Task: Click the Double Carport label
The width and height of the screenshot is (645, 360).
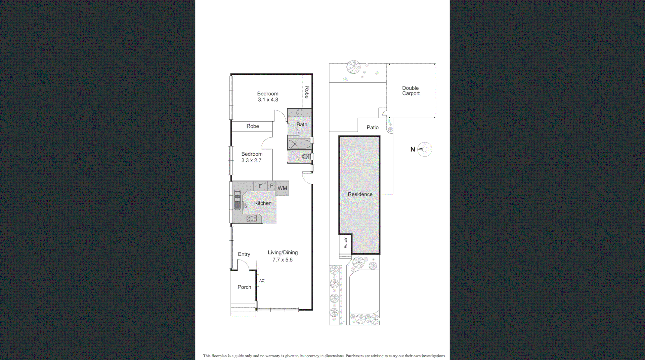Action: (x=411, y=91)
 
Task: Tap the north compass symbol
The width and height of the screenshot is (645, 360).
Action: (x=424, y=149)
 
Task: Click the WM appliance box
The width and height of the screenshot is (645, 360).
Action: (x=282, y=188)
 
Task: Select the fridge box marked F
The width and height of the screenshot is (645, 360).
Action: (x=260, y=186)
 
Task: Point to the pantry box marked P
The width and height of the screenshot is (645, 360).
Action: (x=271, y=186)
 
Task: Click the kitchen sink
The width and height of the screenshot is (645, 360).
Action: (x=237, y=200)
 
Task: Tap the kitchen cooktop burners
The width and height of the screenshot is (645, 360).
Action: (x=252, y=218)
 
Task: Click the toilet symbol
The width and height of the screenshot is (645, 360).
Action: (x=306, y=157)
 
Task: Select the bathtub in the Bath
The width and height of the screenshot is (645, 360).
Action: (x=299, y=144)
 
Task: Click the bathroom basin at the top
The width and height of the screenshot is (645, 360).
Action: (x=300, y=113)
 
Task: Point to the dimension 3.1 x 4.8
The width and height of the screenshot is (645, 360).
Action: (x=268, y=100)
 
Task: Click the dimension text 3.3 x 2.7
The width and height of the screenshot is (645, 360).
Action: (x=251, y=161)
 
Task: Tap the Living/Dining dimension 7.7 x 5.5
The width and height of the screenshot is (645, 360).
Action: (x=283, y=260)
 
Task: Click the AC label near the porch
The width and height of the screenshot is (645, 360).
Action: (x=262, y=281)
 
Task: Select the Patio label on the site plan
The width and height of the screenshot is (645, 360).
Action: (x=373, y=127)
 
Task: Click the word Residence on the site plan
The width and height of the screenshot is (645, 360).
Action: (x=360, y=194)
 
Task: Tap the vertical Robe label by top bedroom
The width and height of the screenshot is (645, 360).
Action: (x=307, y=92)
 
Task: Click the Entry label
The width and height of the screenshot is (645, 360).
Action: (x=244, y=254)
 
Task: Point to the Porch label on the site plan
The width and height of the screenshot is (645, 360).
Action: (x=345, y=243)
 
